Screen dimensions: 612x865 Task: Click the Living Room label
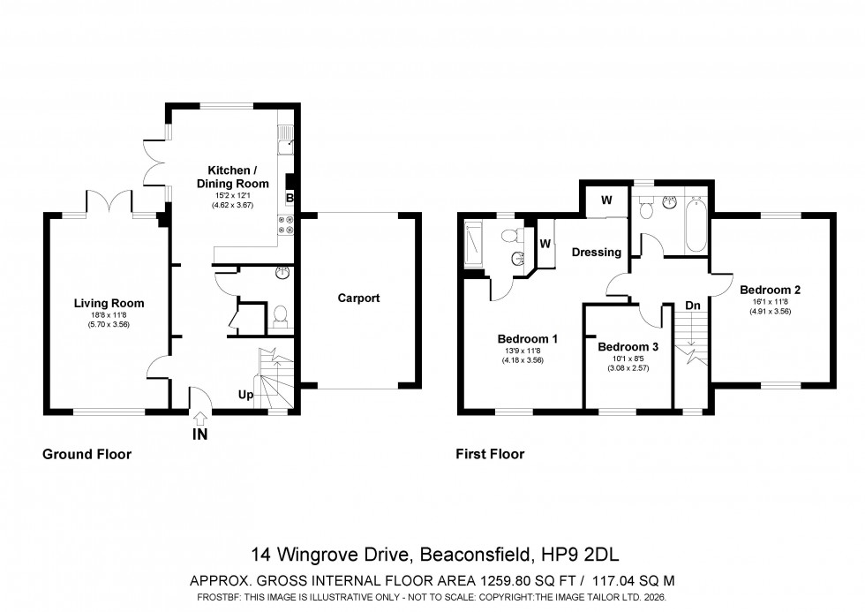point(109,303)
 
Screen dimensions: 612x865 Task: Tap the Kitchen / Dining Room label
point(232,177)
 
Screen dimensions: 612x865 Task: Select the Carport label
point(358,298)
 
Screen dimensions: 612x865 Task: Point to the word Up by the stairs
point(246,395)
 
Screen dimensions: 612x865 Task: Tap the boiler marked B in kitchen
point(290,199)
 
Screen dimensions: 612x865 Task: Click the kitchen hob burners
point(286,227)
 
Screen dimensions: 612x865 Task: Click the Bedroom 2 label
point(770,289)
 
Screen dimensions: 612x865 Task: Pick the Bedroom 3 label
point(628,347)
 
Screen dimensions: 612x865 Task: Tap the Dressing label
point(597,252)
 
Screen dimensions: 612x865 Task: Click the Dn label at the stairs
point(693,306)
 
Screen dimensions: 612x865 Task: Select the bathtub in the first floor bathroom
point(695,224)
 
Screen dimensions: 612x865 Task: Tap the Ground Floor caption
point(86,454)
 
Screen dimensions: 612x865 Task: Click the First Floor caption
point(490,454)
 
